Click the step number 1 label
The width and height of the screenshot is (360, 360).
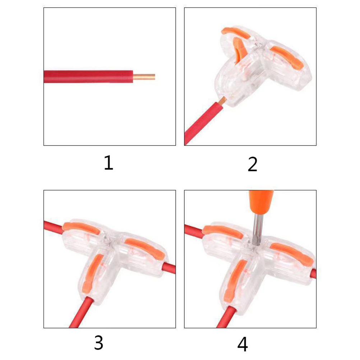coord(109,163)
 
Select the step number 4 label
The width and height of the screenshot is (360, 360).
coord(243,344)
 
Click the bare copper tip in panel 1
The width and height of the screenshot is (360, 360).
coord(144,77)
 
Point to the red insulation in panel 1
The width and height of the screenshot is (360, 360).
coord(88,77)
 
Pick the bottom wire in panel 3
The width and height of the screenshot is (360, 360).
coord(82,312)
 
